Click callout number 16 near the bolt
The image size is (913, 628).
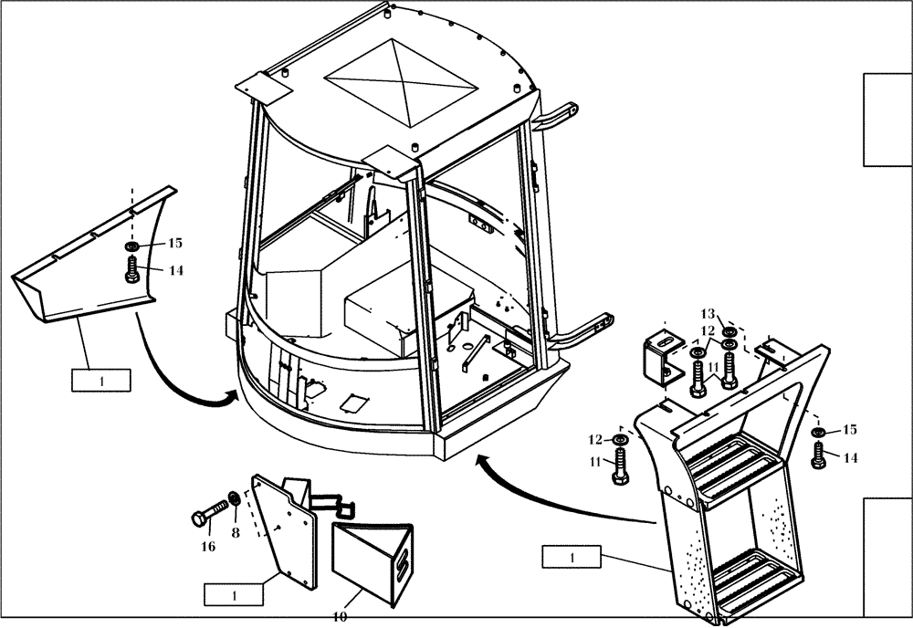(x=208, y=547)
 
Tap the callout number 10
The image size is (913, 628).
(x=340, y=617)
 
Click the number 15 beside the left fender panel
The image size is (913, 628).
(x=174, y=243)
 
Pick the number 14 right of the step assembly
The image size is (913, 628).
(x=850, y=458)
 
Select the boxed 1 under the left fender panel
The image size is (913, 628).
(x=101, y=380)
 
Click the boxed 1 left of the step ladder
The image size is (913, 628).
(x=572, y=557)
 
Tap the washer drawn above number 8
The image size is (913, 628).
(x=234, y=498)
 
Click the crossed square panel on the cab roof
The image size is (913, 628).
(x=401, y=82)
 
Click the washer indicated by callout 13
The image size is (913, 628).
(x=729, y=331)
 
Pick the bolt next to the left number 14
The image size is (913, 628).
(x=131, y=267)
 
